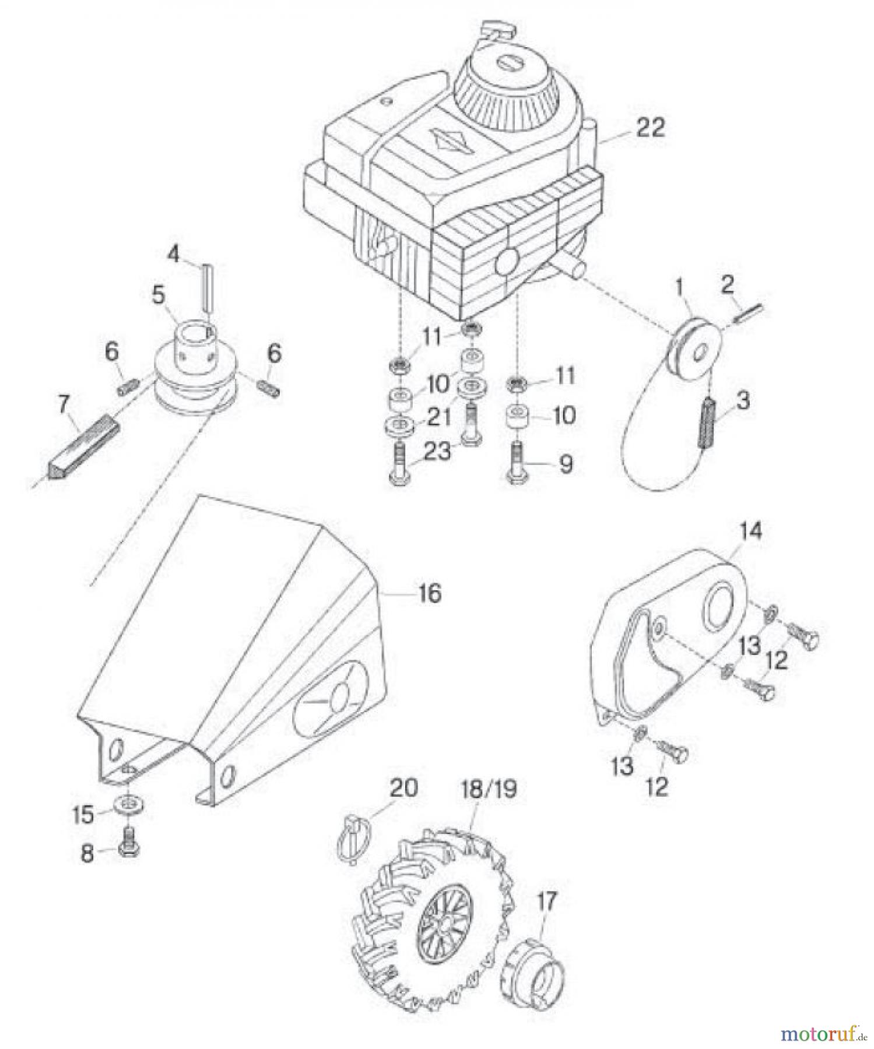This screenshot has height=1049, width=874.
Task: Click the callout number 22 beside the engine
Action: (x=650, y=128)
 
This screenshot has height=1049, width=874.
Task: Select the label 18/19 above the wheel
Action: (x=488, y=790)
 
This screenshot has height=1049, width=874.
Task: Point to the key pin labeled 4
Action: (x=205, y=287)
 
